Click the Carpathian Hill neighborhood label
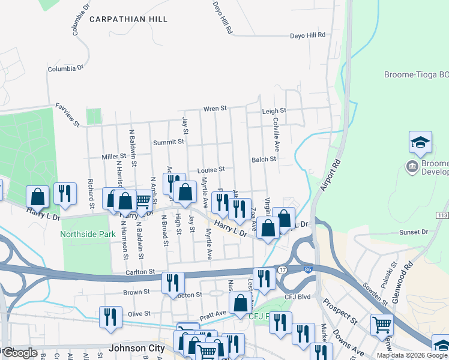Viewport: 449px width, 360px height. [128, 19]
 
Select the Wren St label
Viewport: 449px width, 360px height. [214, 109]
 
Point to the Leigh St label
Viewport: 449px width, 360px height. [274, 111]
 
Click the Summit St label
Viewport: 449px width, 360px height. [168, 142]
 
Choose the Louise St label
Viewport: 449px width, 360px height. [210, 170]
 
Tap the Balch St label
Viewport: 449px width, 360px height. [264, 160]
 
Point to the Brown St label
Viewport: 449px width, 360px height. [136, 292]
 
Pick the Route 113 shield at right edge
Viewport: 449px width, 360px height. [443, 215]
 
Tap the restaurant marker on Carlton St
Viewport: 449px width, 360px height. [173, 282]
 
